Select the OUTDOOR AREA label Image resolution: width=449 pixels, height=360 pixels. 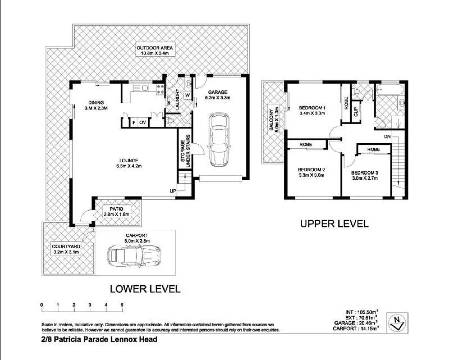click(x=155, y=48)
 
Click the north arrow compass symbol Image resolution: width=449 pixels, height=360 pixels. click(x=397, y=322)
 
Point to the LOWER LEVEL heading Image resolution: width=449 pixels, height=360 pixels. click(x=145, y=289)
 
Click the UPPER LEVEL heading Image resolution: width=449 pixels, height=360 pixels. click(x=334, y=224)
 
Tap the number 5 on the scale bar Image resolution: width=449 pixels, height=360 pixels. click(x=122, y=305)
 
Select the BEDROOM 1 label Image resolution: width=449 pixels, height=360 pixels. click(x=312, y=108)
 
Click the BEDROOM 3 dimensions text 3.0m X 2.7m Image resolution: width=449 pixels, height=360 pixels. click(x=364, y=178)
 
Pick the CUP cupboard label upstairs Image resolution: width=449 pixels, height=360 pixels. click(x=356, y=112)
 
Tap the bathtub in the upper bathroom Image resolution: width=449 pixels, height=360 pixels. click(x=389, y=89)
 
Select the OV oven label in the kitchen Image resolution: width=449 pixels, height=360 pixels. click(x=143, y=123)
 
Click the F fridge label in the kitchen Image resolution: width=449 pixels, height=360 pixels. click(x=134, y=123)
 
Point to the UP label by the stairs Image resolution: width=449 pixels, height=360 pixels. click(x=173, y=191)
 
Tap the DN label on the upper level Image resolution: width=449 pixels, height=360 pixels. click(x=387, y=137)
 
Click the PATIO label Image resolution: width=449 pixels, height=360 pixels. click(x=116, y=209)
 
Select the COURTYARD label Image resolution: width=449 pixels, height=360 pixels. click(x=66, y=247)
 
